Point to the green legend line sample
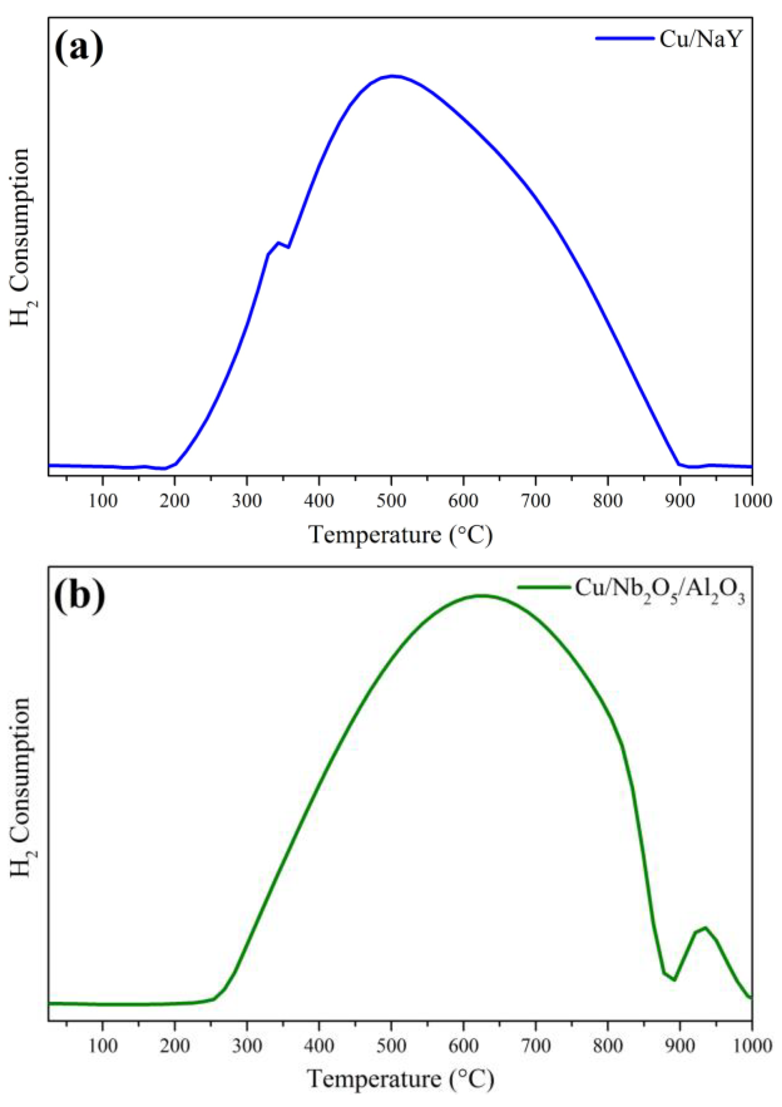point(544,587)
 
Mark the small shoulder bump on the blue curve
point(278,243)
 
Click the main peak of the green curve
point(481,595)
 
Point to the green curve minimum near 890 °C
point(674,980)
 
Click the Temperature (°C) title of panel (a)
point(400,535)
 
